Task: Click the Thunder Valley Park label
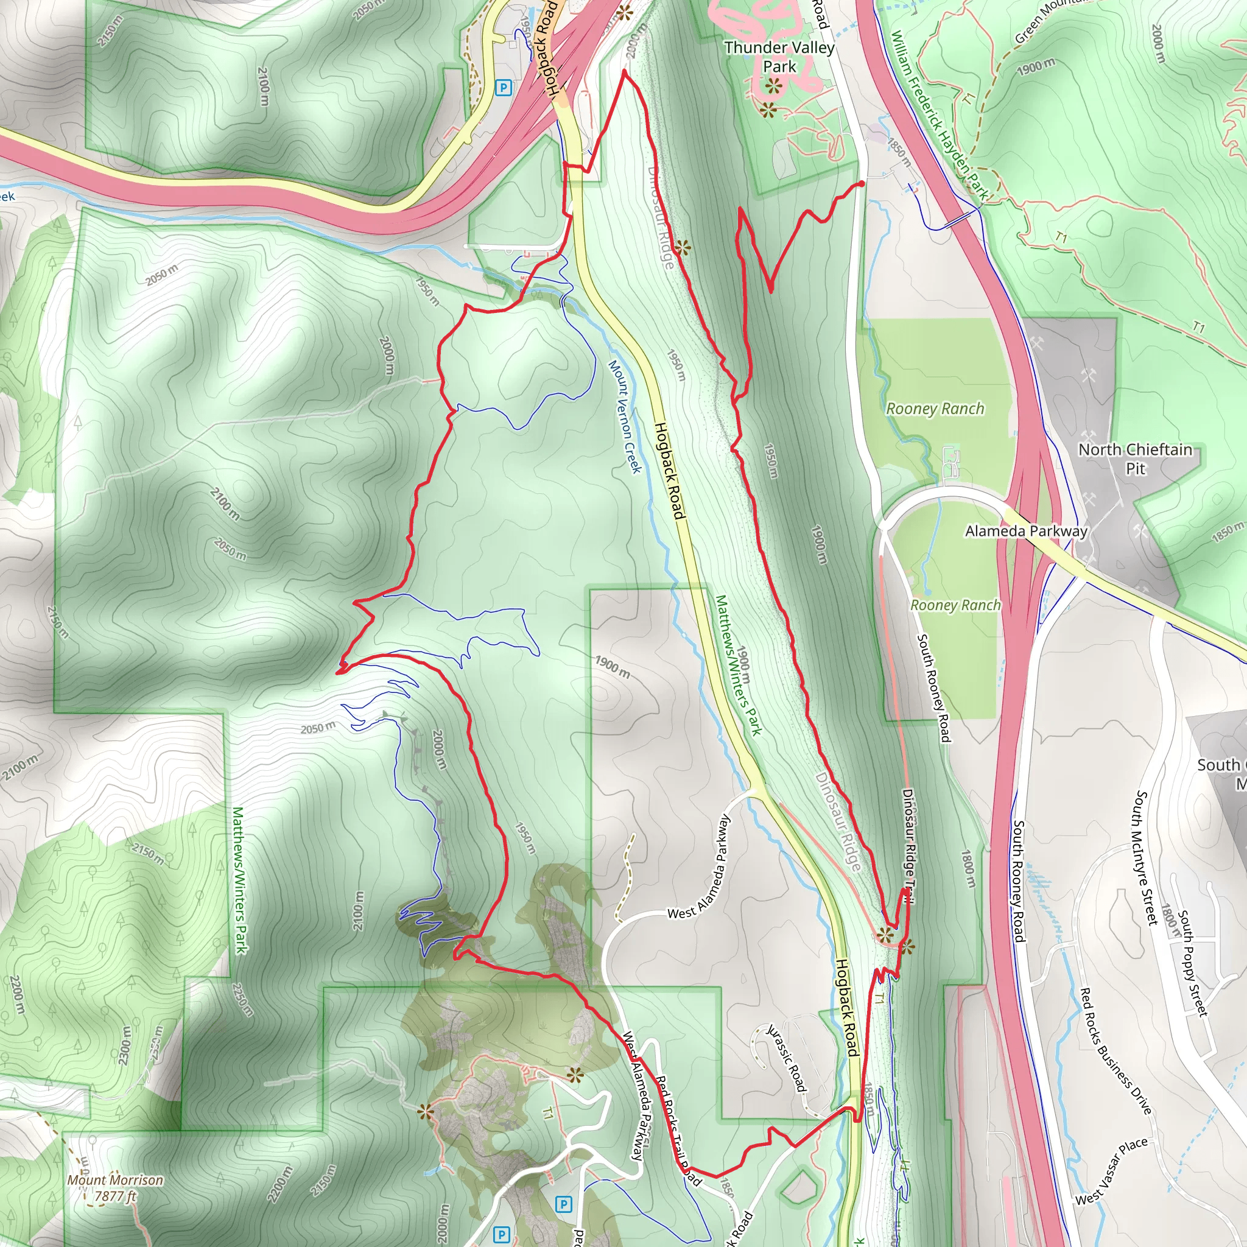(x=779, y=57)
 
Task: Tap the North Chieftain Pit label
(x=1136, y=458)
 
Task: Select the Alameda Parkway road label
(x=1026, y=531)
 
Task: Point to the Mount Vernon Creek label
(x=625, y=416)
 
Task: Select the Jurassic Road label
(x=787, y=1058)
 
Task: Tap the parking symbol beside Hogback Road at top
(x=504, y=87)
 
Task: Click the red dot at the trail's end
(x=861, y=184)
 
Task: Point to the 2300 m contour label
(x=125, y=1046)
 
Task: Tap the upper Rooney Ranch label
(x=935, y=409)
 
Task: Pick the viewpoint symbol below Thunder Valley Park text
(x=773, y=85)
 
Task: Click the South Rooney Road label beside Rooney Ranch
(x=934, y=687)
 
